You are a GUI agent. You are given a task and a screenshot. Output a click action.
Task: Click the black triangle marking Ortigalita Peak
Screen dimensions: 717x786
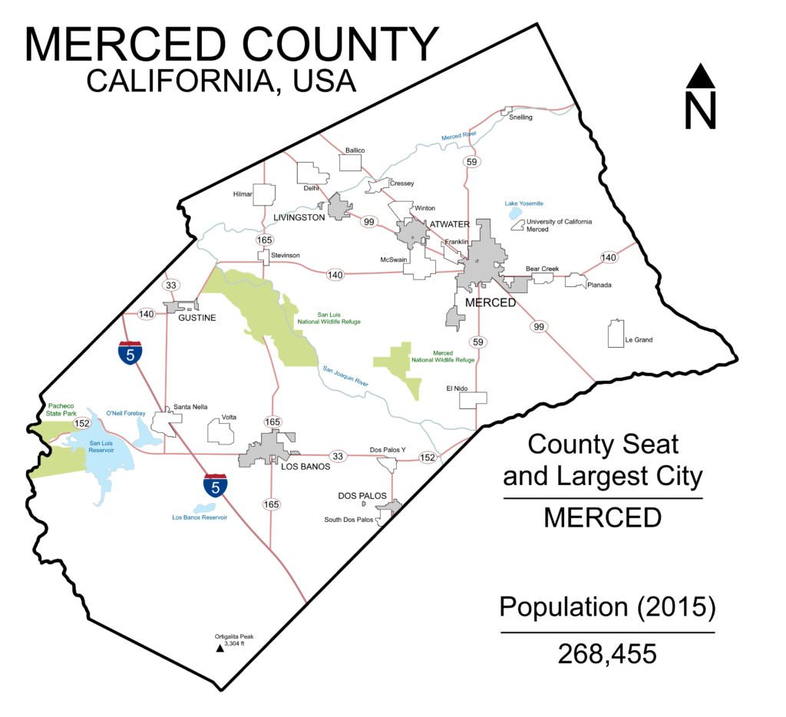pyautogui.click(x=220, y=648)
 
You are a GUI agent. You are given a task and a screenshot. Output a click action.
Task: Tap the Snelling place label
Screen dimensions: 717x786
pyautogui.click(x=520, y=117)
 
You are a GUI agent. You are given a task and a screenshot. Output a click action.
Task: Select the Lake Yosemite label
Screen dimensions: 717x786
pyautogui.click(x=523, y=203)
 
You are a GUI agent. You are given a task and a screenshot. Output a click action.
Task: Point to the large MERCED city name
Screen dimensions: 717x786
pyautogui.click(x=490, y=302)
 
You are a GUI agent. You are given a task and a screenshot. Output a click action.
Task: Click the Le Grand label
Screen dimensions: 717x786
pyautogui.click(x=639, y=340)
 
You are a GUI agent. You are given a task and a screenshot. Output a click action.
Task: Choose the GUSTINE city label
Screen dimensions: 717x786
pyautogui.click(x=197, y=317)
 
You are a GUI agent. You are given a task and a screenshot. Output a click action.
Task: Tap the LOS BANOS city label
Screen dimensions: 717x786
pyautogui.click(x=305, y=466)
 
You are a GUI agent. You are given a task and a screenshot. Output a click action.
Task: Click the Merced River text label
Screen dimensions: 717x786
pyautogui.click(x=458, y=136)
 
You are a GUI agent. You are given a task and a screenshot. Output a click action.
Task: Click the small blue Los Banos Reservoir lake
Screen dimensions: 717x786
pyautogui.click(x=204, y=507)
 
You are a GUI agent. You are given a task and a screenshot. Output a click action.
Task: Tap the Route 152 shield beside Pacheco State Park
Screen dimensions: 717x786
pyautogui.click(x=82, y=423)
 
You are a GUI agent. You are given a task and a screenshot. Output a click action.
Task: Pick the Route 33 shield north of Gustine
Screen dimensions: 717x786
pyautogui.click(x=171, y=285)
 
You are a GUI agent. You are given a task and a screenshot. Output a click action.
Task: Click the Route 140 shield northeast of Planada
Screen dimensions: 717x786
pyautogui.click(x=609, y=257)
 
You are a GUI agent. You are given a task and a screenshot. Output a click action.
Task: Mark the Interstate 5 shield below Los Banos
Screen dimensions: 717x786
pyautogui.click(x=216, y=485)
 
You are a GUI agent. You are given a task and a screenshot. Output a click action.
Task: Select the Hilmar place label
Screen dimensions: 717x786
pyautogui.click(x=243, y=194)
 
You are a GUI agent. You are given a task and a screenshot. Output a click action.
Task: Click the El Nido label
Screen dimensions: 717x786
pyautogui.click(x=457, y=388)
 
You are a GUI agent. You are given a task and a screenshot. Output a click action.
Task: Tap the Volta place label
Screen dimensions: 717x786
pyautogui.click(x=229, y=417)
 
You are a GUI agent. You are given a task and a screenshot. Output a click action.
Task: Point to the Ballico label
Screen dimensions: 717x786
pyautogui.click(x=355, y=150)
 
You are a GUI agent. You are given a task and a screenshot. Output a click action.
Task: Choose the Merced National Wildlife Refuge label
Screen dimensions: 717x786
pyautogui.click(x=443, y=356)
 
